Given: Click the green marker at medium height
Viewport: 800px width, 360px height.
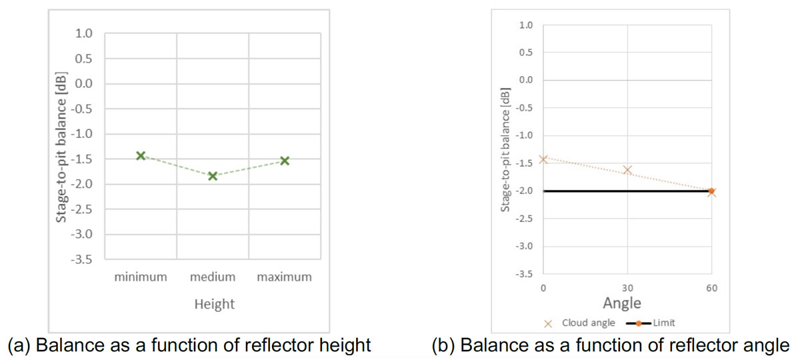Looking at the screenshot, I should point(213,176).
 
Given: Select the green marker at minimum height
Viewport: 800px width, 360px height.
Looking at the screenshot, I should point(141,155).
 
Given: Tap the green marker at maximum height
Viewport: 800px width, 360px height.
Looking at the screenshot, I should point(285,161).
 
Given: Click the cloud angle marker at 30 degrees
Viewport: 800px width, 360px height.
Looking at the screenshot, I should point(627,170).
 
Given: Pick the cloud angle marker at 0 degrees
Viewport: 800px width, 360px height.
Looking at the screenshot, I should point(543,159).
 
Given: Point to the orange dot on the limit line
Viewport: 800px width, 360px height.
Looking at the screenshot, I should point(711,191).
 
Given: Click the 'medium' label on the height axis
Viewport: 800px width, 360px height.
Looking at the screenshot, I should point(213,277).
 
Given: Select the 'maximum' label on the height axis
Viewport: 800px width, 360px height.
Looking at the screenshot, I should point(284,277).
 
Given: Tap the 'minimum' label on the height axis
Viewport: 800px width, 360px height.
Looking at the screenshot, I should point(140,277).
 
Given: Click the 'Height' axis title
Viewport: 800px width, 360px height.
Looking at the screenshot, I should point(214,304).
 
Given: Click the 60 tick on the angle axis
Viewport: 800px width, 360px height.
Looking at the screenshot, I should point(711,287).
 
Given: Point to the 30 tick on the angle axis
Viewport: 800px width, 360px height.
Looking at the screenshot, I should point(627,287).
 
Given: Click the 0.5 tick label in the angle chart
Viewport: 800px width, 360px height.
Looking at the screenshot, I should point(526,53).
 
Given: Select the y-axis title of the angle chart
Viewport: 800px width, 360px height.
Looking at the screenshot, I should point(505,149).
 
